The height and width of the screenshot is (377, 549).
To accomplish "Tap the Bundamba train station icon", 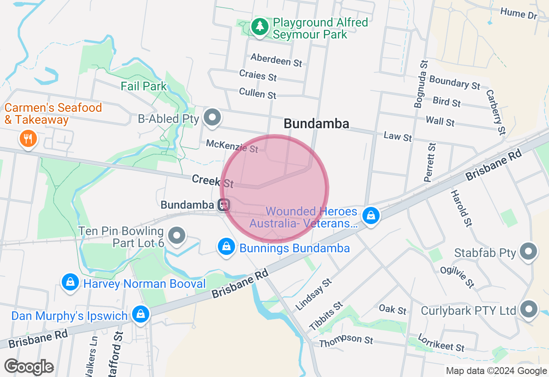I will pyautogui.click(x=223, y=205).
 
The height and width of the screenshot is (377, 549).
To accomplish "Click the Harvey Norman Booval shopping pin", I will pyautogui.click(x=70, y=282).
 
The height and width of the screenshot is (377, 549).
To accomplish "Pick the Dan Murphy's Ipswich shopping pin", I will pyautogui.click(x=140, y=314).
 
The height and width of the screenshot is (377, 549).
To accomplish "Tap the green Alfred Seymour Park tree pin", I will pyautogui.click(x=259, y=27).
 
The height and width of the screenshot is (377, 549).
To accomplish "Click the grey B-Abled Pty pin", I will pyautogui.click(x=211, y=117).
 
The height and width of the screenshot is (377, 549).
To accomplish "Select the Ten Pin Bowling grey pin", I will pyautogui.click(x=176, y=235).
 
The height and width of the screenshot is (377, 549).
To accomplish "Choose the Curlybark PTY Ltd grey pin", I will pyautogui.click(x=528, y=309).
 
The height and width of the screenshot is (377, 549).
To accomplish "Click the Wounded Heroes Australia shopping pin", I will pyautogui.click(x=371, y=215).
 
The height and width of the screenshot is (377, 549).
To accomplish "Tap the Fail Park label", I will pyautogui.click(x=144, y=86).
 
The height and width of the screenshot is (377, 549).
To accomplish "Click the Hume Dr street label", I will pyautogui.click(x=519, y=14).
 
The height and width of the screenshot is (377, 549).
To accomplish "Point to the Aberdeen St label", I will pyautogui.click(x=276, y=60).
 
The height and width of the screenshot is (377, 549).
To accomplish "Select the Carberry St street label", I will pyautogui.click(x=496, y=112).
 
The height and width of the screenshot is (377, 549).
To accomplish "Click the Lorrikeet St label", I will pyautogui.click(x=441, y=343).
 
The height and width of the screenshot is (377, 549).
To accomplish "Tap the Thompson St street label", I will pyautogui.click(x=346, y=341).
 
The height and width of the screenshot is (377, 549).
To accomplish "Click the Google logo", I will pyautogui.click(x=29, y=367).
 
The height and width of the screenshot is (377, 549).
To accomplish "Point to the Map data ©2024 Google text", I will pyautogui.click(x=496, y=371).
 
